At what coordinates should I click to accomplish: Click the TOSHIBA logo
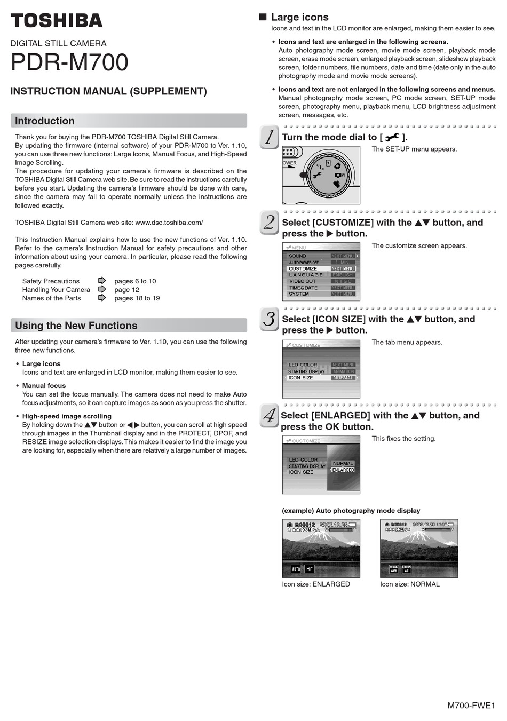[56, 21]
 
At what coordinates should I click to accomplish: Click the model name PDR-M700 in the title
[69, 62]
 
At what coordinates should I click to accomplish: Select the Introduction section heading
[45, 121]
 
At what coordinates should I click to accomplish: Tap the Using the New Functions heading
[76, 326]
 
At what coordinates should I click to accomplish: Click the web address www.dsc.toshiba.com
[169, 223]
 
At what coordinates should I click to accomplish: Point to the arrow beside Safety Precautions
[102, 281]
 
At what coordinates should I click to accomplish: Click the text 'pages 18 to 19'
[137, 298]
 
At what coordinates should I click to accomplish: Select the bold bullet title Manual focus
[44, 386]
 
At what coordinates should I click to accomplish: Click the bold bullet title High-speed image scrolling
[67, 416]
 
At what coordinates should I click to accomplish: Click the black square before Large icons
[263, 17]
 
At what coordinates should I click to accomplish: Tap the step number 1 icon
[270, 137]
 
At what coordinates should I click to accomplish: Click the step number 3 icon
[270, 319]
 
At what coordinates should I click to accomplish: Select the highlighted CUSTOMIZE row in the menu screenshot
[321, 268]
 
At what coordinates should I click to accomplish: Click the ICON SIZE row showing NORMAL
[321, 378]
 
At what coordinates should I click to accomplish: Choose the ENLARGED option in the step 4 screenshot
[343, 470]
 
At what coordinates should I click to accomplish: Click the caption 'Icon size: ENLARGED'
[316, 584]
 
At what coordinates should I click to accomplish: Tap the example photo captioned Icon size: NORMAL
[419, 549]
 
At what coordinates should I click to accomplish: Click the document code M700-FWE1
[471, 706]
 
